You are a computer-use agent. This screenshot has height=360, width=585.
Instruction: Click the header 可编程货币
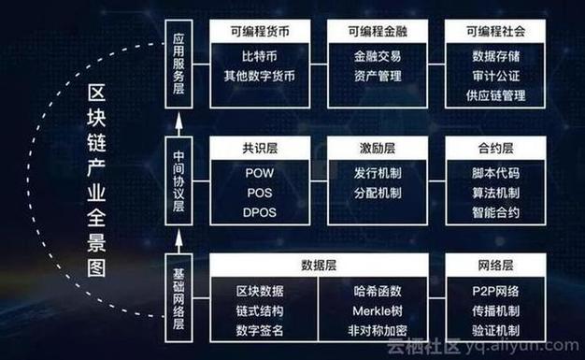(260, 31)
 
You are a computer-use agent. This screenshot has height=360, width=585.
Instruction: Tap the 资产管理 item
(378, 76)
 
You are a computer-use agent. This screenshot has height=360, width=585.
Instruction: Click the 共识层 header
(260, 148)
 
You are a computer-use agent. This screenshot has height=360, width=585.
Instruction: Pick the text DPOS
(260, 212)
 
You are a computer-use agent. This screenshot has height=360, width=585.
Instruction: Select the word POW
(260, 173)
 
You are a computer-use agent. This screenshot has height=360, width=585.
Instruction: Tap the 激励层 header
(378, 148)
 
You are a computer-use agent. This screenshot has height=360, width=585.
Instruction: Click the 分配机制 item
(378, 193)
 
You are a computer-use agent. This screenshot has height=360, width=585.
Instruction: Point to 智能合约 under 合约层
(496, 212)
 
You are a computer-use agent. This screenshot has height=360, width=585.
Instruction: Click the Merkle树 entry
(378, 310)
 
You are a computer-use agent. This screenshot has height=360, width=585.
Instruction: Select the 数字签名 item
(260, 330)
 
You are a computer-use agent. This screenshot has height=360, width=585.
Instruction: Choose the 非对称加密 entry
(378, 330)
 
